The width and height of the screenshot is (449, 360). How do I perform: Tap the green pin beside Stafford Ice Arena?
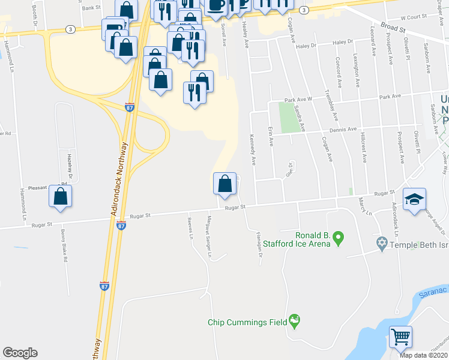pos(338,238)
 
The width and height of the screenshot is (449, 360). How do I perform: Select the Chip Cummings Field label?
pos(247,322)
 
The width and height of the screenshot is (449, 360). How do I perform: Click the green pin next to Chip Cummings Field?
pos(294,321)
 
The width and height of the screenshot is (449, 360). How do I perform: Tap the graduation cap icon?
pos(414,200)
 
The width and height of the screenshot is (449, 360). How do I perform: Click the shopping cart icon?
pos(400,336)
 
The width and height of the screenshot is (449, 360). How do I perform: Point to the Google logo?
pos(20,353)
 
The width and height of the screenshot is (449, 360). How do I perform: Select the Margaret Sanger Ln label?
pos(209,236)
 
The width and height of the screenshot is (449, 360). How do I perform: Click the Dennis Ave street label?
pos(342,129)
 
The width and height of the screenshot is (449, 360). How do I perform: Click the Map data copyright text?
pos(424,355)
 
